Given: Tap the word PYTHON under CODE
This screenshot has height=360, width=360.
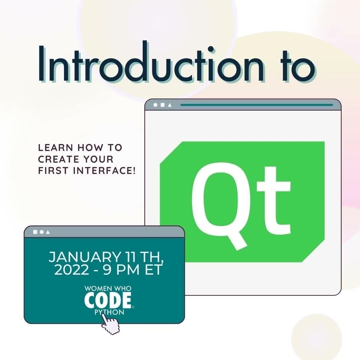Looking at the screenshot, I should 109,313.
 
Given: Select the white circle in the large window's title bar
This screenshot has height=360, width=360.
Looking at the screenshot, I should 155,105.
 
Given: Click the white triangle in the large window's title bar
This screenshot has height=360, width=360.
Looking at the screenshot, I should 170,105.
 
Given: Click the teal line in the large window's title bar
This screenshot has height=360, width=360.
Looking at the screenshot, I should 256,105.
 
